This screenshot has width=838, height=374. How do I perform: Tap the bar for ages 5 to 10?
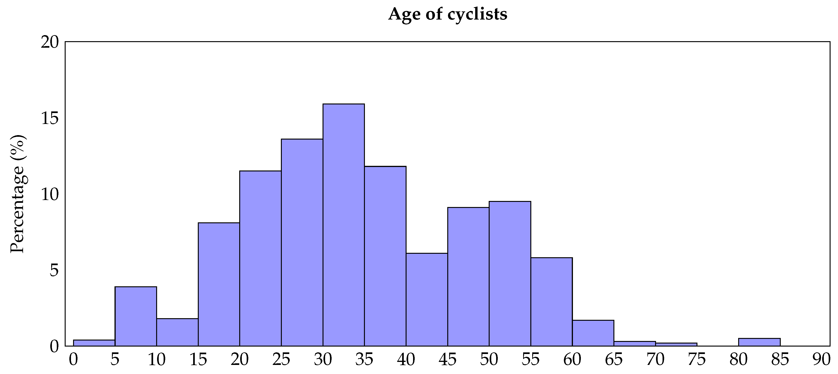(x=136, y=316)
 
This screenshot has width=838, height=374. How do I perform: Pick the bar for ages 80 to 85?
(x=759, y=342)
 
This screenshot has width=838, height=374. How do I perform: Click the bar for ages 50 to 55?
(x=510, y=274)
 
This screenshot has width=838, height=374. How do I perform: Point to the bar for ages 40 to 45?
(x=427, y=299)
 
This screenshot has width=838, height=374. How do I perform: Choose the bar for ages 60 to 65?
(x=593, y=333)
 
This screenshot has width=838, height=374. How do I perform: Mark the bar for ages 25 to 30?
(x=302, y=242)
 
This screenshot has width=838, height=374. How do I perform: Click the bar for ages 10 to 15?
(x=177, y=332)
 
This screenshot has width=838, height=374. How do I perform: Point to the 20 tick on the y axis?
(x=50, y=42)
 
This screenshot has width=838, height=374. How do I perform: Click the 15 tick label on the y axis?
(x=50, y=118)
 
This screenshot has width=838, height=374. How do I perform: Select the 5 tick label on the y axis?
(x=54, y=270)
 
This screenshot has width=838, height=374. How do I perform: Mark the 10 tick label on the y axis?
(x=50, y=194)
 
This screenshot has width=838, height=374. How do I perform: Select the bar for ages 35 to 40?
(x=385, y=256)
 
